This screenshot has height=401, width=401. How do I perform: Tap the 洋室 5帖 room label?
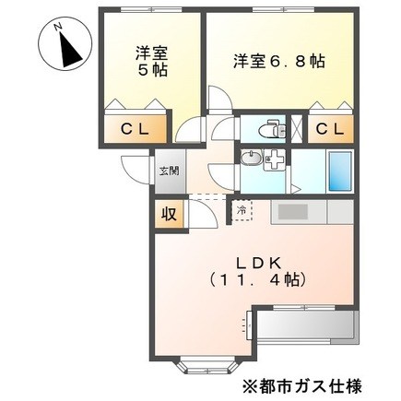pos(152,62)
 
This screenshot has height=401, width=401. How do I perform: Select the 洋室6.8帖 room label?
pos(279,62)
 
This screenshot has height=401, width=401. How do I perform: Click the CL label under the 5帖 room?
pos(135,129)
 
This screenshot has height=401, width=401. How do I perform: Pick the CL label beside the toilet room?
pos(330,129)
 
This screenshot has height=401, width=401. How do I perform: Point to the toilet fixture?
pos(272,130)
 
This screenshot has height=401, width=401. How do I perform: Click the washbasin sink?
pos(251,159)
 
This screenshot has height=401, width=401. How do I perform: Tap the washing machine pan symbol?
pos(275,159)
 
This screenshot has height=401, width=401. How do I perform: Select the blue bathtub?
pos(340,171)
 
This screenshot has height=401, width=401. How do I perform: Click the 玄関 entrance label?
pos(169,171)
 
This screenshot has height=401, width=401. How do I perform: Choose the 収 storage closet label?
pos(170,214)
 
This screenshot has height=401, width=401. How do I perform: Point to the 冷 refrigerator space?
pos(242,210)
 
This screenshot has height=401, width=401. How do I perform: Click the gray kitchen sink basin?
pos(293,212)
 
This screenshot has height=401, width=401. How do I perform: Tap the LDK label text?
pos(257,263)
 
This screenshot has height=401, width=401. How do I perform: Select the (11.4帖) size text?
pos(257,279)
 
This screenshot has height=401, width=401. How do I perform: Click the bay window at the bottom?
pos(208,365)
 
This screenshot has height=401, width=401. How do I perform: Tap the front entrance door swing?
pos(136,171)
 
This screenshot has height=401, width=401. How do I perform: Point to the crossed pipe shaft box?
pos(297,129)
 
